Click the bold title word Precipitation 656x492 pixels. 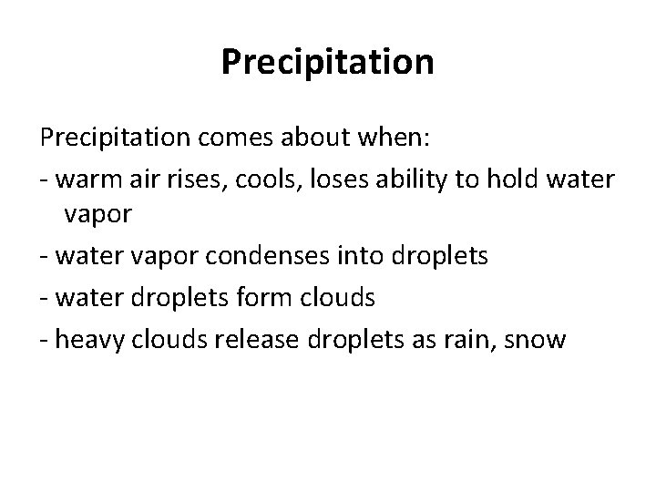click(328, 62)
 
